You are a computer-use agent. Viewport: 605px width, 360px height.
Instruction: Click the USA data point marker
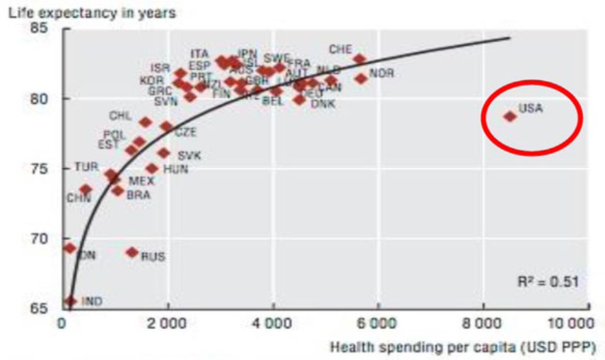click(x=510, y=116)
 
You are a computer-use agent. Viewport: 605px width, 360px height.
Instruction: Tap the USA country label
click(x=531, y=108)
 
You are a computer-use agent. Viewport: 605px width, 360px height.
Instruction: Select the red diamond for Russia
click(x=132, y=252)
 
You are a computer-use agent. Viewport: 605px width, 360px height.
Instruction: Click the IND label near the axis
click(x=92, y=301)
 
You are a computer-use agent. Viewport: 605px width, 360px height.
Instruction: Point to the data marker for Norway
click(x=361, y=78)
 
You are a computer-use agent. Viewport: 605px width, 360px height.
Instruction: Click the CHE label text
click(x=340, y=49)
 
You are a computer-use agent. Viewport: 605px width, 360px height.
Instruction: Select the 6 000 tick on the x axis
click(x=378, y=326)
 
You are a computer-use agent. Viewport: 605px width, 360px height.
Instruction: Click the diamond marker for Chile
click(x=146, y=122)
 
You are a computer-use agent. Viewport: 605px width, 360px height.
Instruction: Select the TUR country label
click(x=86, y=167)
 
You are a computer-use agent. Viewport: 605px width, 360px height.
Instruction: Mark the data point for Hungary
click(x=152, y=169)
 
